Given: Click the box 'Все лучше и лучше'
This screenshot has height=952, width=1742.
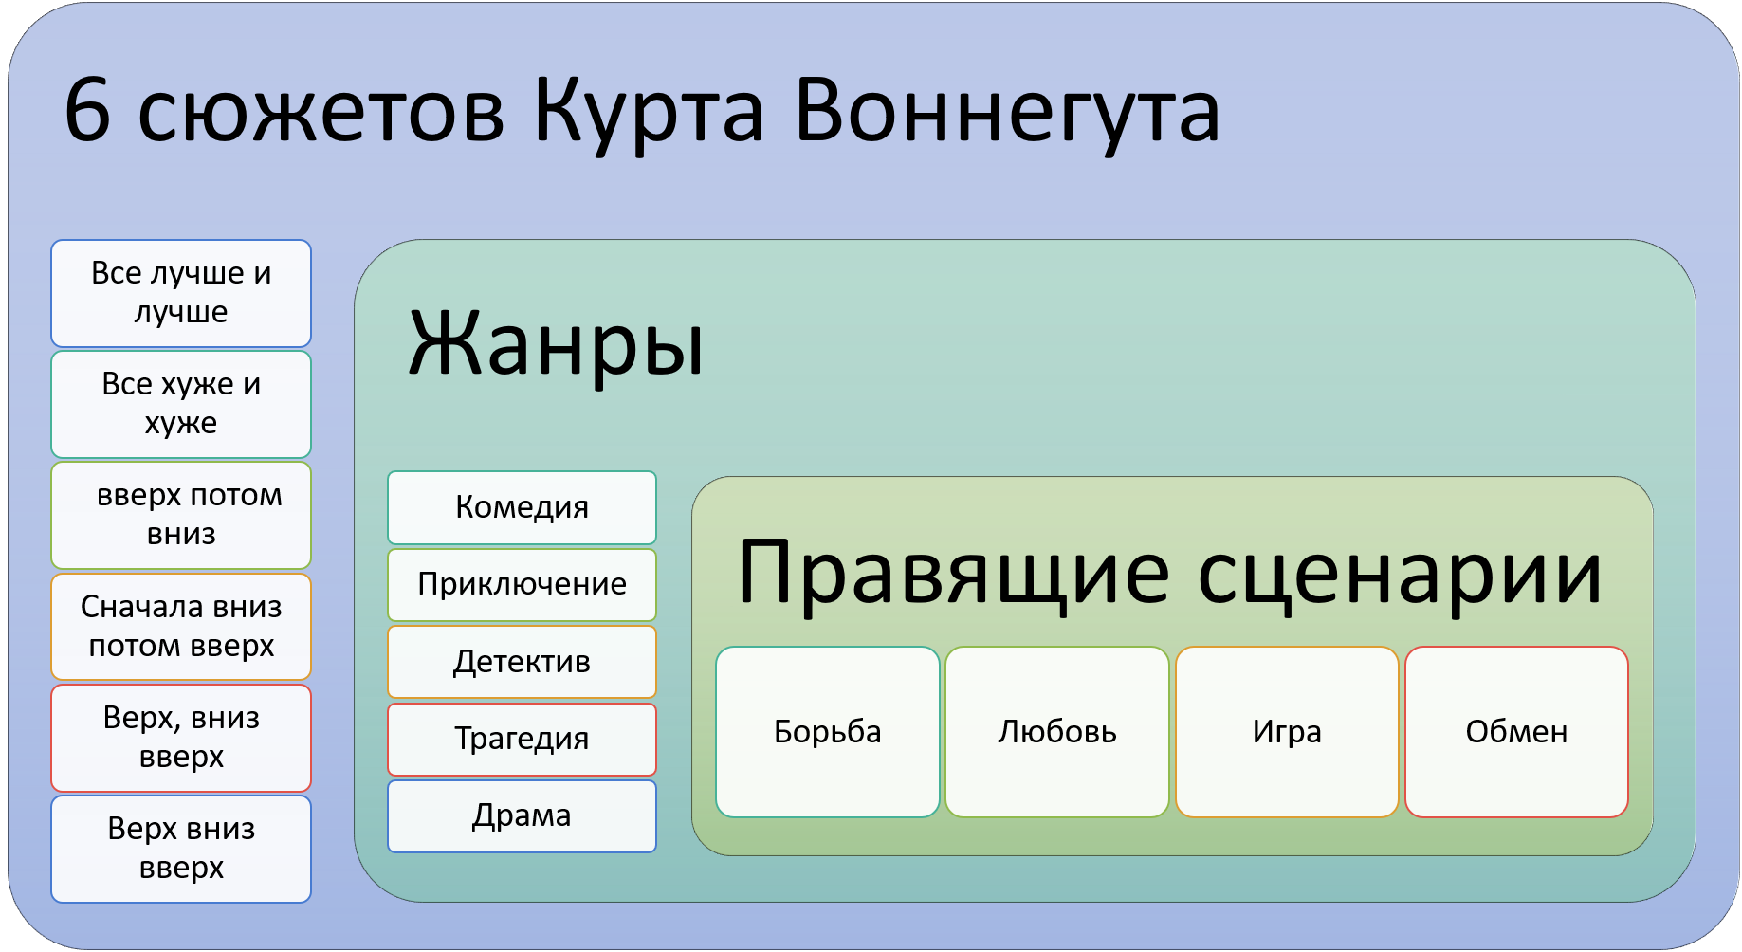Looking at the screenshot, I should [181, 293].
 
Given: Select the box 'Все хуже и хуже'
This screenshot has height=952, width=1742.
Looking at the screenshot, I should [181, 404].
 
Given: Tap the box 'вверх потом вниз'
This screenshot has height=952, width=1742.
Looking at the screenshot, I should [181, 515].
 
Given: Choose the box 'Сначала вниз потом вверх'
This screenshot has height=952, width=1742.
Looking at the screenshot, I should [181, 626].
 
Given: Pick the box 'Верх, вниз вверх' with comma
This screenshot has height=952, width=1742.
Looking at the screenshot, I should [181, 737].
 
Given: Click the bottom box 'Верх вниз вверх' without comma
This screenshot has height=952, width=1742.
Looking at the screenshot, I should [181, 848].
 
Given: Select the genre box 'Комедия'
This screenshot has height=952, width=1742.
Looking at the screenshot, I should [522, 507].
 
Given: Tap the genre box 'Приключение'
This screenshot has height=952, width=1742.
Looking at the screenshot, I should [522, 584].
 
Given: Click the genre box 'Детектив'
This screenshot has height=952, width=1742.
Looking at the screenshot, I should [522, 662].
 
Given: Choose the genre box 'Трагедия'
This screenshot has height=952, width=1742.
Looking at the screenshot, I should [522, 739].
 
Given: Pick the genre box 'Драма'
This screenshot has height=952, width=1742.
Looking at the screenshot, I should [522, 815].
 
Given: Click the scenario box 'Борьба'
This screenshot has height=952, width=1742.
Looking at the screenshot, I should [827, 732].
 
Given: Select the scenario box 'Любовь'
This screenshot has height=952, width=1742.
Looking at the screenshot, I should [1056, 732].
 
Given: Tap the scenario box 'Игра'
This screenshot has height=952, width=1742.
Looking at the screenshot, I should [1287, 732].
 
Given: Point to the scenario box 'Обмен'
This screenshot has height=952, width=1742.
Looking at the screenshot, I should [1516, 732].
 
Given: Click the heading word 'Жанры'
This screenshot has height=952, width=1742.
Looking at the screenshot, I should [556, 343].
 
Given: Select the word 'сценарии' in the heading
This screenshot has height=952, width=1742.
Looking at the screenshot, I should [1400, 573].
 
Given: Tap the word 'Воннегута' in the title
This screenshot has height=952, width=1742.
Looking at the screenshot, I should [1007, 112].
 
